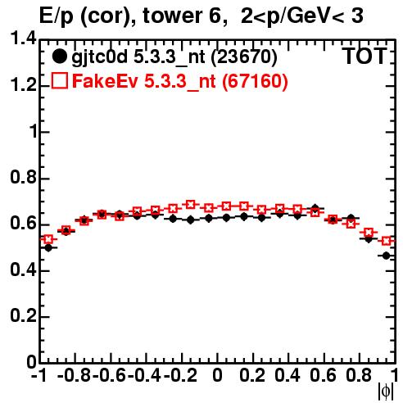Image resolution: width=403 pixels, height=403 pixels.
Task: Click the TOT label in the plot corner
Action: tap(365, 57)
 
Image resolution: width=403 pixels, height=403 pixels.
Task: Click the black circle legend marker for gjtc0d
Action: tap(59, 57)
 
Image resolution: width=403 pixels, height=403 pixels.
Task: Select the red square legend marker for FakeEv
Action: tap(60, 80)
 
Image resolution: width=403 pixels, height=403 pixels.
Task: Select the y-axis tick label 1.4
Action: tap(23, 38)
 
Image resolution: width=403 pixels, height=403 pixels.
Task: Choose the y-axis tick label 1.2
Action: tap(23, 85)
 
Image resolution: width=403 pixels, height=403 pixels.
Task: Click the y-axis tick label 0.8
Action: tap(23, 177)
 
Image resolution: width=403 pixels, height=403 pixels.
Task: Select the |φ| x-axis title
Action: tap(385, 392)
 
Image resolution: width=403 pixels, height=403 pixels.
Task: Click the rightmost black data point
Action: tap(386, 256)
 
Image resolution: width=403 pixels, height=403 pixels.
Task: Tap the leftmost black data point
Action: tap(48, 248)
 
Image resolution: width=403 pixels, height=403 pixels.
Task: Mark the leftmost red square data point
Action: tap(48, 239)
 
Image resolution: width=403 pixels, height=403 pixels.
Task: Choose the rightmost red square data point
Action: tap(386, 241)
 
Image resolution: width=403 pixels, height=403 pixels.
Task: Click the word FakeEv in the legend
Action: tap(105, 81)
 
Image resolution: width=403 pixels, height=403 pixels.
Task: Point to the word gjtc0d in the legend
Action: tap(99, 57)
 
